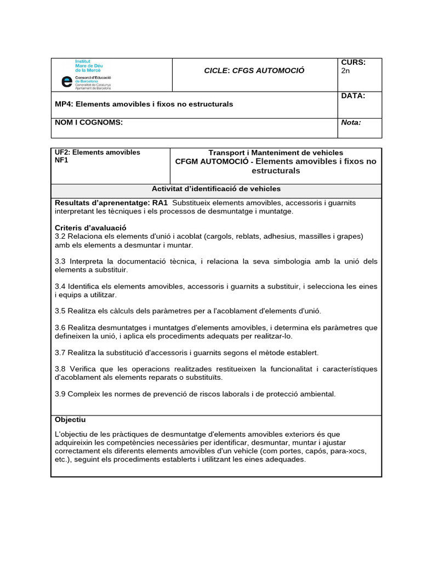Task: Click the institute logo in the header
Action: pyautogui.click(x=86, y=75)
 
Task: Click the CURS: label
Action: pyautogui.click(x=353, y=63)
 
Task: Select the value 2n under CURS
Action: pyautogui.click(x=345, y=71)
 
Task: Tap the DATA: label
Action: pyautogui.click(x=353, y=96)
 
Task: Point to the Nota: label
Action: pyautogui.click(x=351, y=122)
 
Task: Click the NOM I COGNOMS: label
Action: pyautogui.click(x=89, y=122)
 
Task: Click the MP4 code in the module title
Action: pyautogui.click(x=63, y=104)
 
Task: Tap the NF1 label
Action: pyautogui.click(x=61, y=161)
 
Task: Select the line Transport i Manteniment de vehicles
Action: pyautogui.click(x=276, y=152)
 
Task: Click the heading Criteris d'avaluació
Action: pyautogui.click(x=91, y=227)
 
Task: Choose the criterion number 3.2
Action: pyautogui.click(x=61, y=237)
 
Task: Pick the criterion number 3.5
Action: pyautogui.click(x=61, y=311)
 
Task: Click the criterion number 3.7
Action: pyautogui.click(x=61, y=352)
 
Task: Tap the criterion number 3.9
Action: pyautogui.click(x=61, y=394)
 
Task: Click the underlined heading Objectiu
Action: pyautogui.click(x=71, y=420)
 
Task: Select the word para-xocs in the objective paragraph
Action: pyautogui.click(x=349, y=451)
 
